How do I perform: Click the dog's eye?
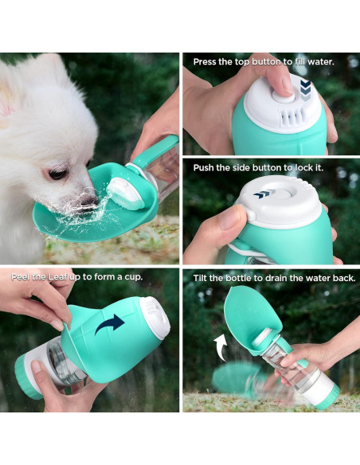(x=57, y=173)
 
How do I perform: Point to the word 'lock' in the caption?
(x=308, y=168)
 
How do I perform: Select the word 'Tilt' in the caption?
(x=202, y=278)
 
